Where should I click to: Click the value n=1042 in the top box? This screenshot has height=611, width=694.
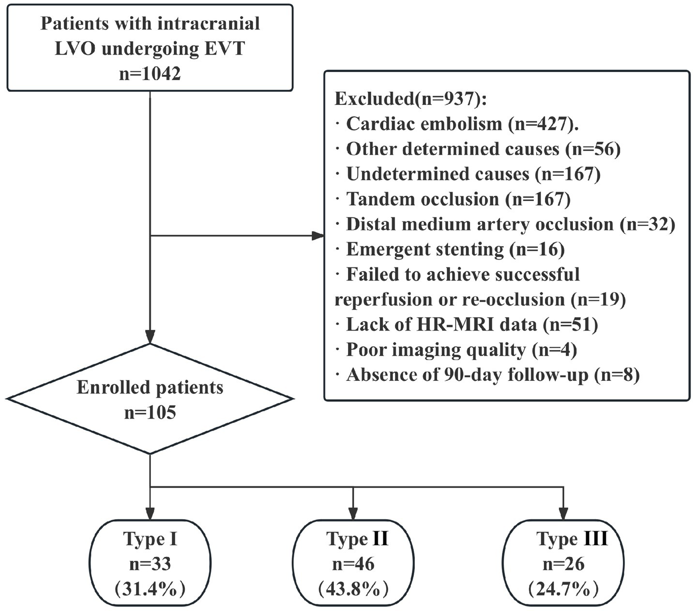150,74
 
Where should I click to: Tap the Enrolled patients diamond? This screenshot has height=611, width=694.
150,399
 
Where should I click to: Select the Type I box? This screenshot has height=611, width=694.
150,563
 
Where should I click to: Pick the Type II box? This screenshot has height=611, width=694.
353,563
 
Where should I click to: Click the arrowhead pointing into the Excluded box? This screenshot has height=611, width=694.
318,236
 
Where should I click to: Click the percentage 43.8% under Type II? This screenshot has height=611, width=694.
353,589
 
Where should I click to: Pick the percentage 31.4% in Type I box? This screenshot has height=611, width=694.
150,589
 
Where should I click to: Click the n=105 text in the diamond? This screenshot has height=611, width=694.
150,412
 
